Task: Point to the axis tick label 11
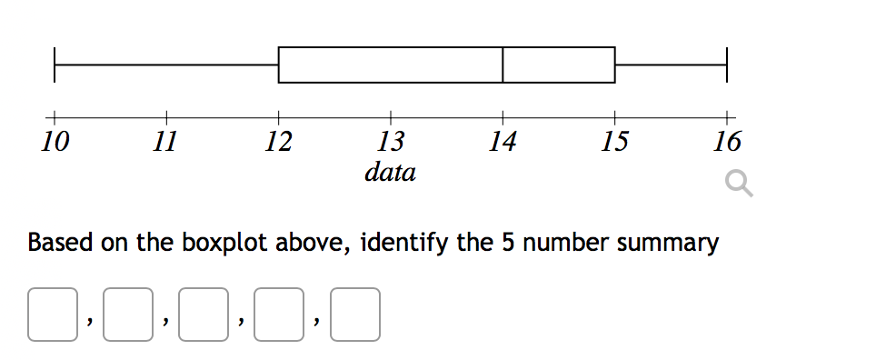pyautogui.click(x=165, y=142)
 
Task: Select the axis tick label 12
pyautogui.click(x=278, y=142)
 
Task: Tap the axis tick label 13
pyautogui.click(x=390, y=142)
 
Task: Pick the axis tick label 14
pyautogui.click(x=503, y=142)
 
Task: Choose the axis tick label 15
pyautogui.click(x=614, y=142)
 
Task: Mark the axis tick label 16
pyautogui.click(x=727, y=142)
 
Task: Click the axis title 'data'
pyautogui.click(x=390, y=171)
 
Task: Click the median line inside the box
pyautogui.click(x=503, y=65)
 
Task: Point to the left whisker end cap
pyautogui.click(x=55, y=65)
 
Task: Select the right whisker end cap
pyautogui.click(x=727, y=65)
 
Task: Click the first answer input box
pyautogui.click(x=53, y=315)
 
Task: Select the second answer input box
pyautogui.click(x=128, y=315)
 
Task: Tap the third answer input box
pyautogui.click(x=204, y=315)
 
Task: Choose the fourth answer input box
pyautogui.click(x=279, y=315)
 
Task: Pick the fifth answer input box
pyautogui.click(x=354, y=315)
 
